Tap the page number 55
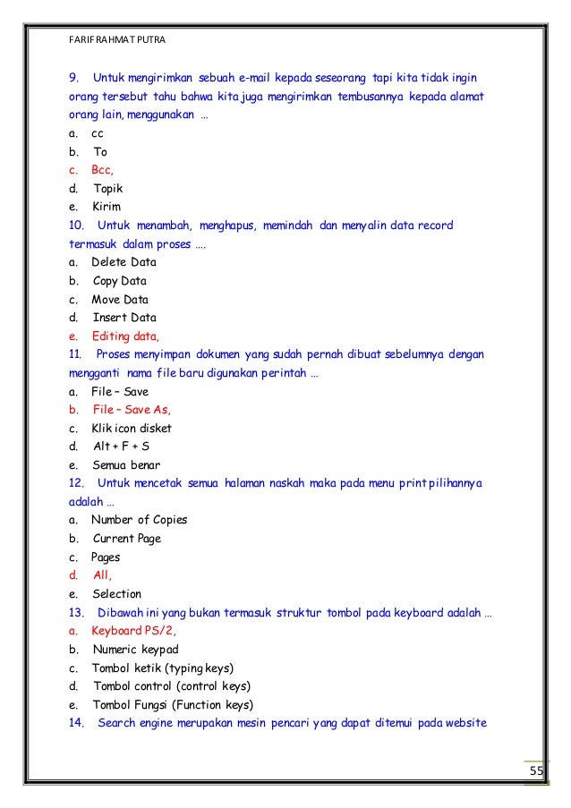click(536, 772)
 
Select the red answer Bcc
click(101, 170)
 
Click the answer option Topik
click(107, 189)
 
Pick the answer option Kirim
click(107, 207)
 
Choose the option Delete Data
click(124, 262)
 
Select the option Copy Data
click(120, 281)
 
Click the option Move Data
click(120, 299)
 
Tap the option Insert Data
click(124, 318)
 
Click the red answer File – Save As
click(131, 410)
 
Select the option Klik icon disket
click(132, 428)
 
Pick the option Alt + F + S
click(121, 447)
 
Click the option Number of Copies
click(140, 520)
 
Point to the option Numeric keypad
click(135, 649)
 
